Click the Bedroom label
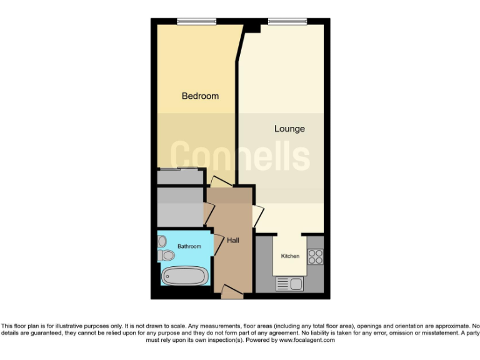200,96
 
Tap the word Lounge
289,129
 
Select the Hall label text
233,240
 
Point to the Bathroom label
189,247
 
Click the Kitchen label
290,256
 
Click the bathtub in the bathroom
184,276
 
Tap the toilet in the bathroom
166,255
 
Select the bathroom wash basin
162,241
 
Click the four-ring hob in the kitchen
314,256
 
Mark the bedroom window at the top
196,22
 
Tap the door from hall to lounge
256,216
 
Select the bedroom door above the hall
220,182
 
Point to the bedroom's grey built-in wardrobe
180,176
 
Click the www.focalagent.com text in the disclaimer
306,341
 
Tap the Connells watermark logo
241,156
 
